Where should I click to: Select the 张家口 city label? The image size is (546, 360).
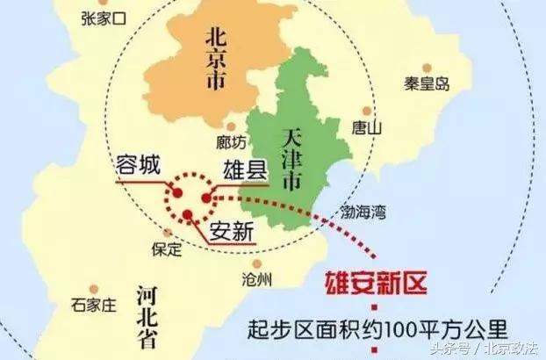point(104,17)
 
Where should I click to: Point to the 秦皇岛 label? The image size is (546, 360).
point(427,85)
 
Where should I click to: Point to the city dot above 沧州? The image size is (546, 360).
point(256,263)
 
